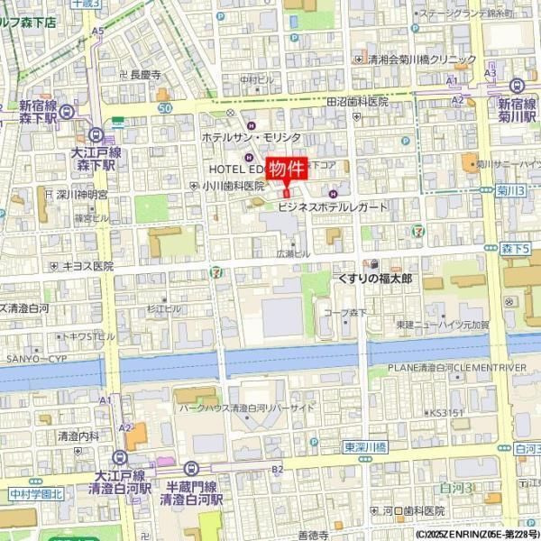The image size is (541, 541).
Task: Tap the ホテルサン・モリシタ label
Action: point(251,136)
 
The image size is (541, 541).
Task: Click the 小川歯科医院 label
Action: point(233,186)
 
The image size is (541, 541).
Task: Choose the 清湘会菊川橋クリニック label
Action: point(422,60)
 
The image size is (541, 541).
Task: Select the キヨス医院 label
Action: point(87,266)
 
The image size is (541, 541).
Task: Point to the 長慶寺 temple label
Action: point(145,76)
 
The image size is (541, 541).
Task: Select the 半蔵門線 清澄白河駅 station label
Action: point(191,491)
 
